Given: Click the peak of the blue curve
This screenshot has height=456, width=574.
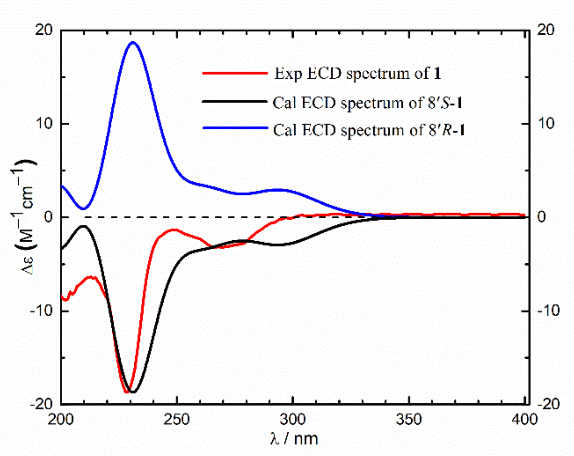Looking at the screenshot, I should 133,42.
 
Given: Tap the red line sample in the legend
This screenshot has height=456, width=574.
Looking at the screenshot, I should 235,73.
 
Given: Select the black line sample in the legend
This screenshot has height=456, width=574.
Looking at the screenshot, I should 235,101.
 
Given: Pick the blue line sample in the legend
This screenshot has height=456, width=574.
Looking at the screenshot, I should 235,128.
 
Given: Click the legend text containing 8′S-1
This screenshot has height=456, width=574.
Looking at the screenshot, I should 368,102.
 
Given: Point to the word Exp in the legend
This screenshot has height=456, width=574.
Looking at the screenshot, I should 288,74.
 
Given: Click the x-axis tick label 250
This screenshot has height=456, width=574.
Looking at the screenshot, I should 177,420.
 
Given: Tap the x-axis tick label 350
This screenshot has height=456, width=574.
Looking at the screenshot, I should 409,420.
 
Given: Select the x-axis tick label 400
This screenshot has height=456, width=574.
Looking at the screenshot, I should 524,420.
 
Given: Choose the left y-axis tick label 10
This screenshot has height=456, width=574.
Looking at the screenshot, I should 44,123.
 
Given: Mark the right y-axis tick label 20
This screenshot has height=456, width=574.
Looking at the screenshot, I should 546,30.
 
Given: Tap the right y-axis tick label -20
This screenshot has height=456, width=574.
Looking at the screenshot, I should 549,404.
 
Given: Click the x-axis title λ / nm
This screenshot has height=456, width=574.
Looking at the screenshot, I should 294,439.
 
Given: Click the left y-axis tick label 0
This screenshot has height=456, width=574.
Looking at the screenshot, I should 48,217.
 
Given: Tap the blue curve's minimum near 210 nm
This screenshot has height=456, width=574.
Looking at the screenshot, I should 83,208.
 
